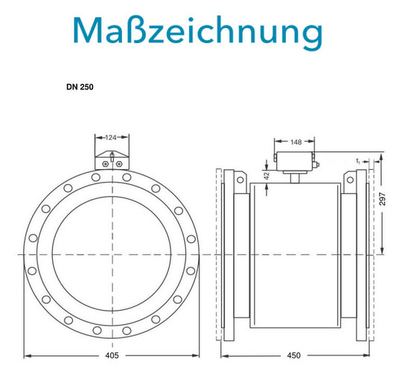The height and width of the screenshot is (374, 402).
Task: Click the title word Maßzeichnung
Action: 198,32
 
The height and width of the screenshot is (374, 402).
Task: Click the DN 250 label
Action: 80,87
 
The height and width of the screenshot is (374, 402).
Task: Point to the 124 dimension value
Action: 111,138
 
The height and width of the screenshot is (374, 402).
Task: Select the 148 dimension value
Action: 296,142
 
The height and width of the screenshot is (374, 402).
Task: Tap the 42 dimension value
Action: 267,176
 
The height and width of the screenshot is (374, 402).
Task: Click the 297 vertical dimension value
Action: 382,199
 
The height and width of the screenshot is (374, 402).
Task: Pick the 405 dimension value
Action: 112,355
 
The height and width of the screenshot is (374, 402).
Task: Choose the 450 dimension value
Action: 293,355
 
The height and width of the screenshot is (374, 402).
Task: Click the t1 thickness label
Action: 358,161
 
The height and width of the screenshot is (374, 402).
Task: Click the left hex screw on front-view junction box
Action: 105,164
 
